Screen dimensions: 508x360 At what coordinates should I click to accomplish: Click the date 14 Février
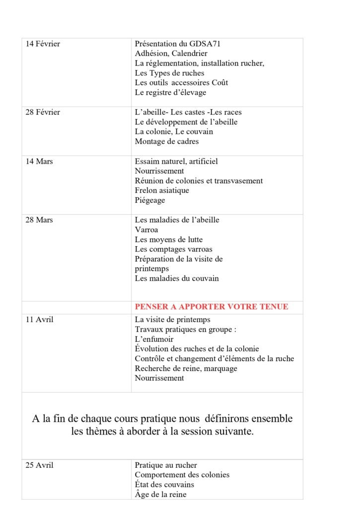[x=43, y=44]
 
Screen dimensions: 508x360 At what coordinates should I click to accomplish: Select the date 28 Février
[x=43, y=113]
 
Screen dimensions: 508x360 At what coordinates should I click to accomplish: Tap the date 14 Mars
[x=39, y=162]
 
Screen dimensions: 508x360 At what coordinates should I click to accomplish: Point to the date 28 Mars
[x=39, y=220]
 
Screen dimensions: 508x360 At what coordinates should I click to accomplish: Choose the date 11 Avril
[x=39, y=320]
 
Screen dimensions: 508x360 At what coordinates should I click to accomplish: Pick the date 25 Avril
[x=39, y=465]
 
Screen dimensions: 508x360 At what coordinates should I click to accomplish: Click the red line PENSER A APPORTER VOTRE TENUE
[x=211, y=307]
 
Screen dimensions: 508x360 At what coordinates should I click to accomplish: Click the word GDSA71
[x=205, y=44]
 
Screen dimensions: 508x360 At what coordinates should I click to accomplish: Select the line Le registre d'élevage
[x=170, y=93]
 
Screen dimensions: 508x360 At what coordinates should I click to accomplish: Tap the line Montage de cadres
[x=166, y=142]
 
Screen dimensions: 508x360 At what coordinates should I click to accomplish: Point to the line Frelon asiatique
[x=162, y=190]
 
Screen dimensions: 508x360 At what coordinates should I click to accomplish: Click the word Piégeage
[x=150, y=200]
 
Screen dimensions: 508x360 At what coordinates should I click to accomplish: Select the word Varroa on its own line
[x=146, y=230]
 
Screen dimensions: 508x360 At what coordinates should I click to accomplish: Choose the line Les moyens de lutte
[x=168, y=240]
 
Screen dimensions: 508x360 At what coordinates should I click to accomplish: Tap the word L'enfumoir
[x=154, y=339]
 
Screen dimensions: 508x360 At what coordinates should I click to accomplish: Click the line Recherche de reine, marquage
[x=186, y=369]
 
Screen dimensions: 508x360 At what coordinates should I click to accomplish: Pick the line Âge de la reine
[x=160, y=495]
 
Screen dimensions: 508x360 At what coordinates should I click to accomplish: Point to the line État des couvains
[x=164, y=485]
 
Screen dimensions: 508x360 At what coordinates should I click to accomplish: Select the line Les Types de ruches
[x=169, y=73]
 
